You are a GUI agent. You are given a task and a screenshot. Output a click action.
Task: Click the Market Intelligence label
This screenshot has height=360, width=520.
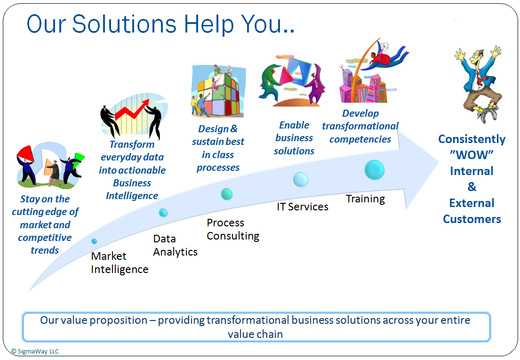pos(120,263)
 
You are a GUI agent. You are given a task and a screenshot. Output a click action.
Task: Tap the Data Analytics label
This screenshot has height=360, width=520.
pos(175,245)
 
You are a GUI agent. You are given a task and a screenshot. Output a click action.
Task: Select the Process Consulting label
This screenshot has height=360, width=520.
pos(233,229)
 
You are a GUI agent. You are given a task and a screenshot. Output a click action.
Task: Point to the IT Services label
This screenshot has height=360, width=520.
pos(303,207)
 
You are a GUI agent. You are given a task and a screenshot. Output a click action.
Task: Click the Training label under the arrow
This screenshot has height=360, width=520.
pos(366,199)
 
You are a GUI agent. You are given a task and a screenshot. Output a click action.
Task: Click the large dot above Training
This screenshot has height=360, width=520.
pos(375,170)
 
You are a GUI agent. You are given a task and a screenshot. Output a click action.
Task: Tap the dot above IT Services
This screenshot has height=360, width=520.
pos(300,180)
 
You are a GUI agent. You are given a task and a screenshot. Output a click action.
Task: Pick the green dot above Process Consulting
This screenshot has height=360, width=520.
pos(227,194)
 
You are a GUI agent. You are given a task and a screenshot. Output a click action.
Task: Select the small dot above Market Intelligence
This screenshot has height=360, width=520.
pos(94,241)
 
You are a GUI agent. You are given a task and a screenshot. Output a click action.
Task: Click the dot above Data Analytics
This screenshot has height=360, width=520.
pos(163,213)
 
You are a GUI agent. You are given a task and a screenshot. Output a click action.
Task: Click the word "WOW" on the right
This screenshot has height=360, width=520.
pos(472,155)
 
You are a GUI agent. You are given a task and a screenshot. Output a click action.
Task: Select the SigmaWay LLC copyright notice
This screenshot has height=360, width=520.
pos(35,352)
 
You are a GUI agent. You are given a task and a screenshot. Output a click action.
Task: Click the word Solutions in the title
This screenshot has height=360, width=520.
pos(124,24)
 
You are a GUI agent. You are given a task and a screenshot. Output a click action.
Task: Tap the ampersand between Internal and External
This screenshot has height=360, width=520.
pos(472,187)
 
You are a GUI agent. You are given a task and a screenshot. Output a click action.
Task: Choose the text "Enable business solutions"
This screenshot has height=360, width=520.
pos(294,138)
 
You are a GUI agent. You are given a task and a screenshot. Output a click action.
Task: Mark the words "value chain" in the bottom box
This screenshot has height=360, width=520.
pos(256,334)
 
